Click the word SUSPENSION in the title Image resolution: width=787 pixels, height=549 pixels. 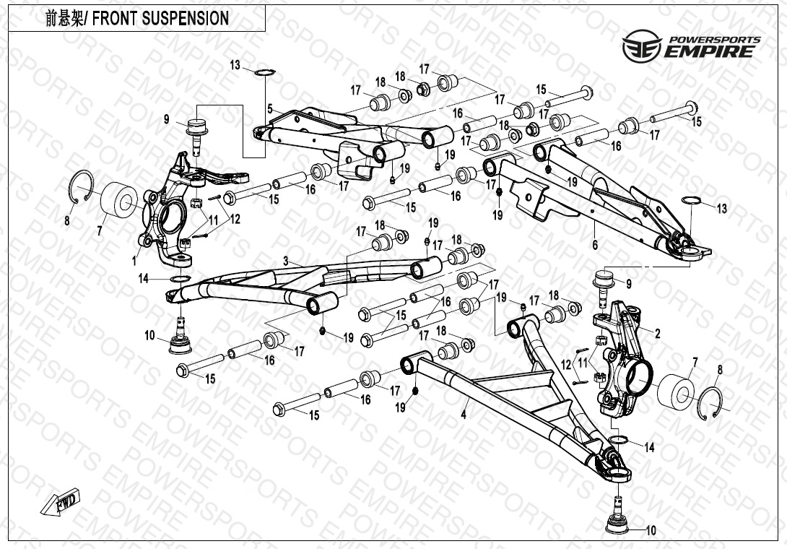click(182, 18)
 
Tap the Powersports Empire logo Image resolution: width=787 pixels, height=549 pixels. click(690, 46)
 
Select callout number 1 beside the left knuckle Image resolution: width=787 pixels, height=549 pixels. click(135, 257)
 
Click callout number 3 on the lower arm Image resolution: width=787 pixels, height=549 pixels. click(286, 260)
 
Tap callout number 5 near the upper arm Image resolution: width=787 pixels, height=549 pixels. click(269, 108)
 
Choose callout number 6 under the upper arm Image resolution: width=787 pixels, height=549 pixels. click(595, 246)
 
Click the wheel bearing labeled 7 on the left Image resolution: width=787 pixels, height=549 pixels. click(116, 200)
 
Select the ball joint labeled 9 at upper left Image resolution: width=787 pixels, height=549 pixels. click(196, 131)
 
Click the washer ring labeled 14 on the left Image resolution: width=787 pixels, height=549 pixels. click(181, 279)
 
